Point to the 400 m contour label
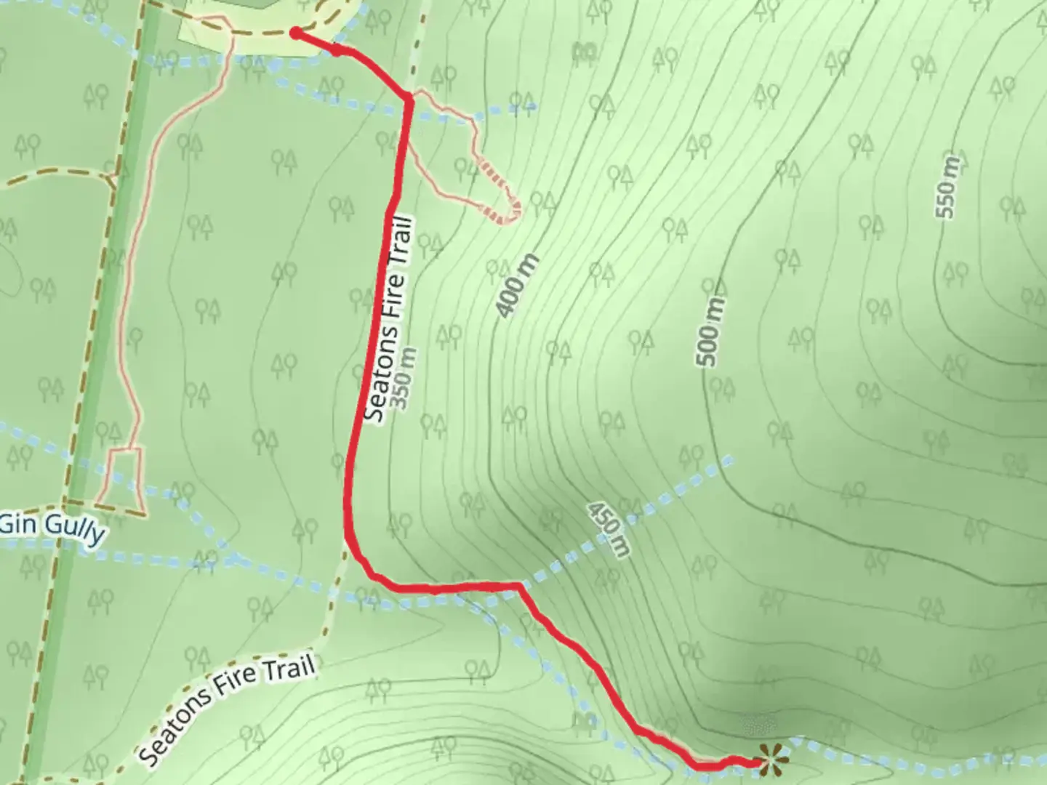pyautogui.click(x=518, y=286)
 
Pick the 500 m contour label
pyautogui.click(x=710, y=332)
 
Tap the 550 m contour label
pyautogui.click(x=948, y=186)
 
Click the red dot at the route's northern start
pyautogui.click(x=295, y=32)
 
